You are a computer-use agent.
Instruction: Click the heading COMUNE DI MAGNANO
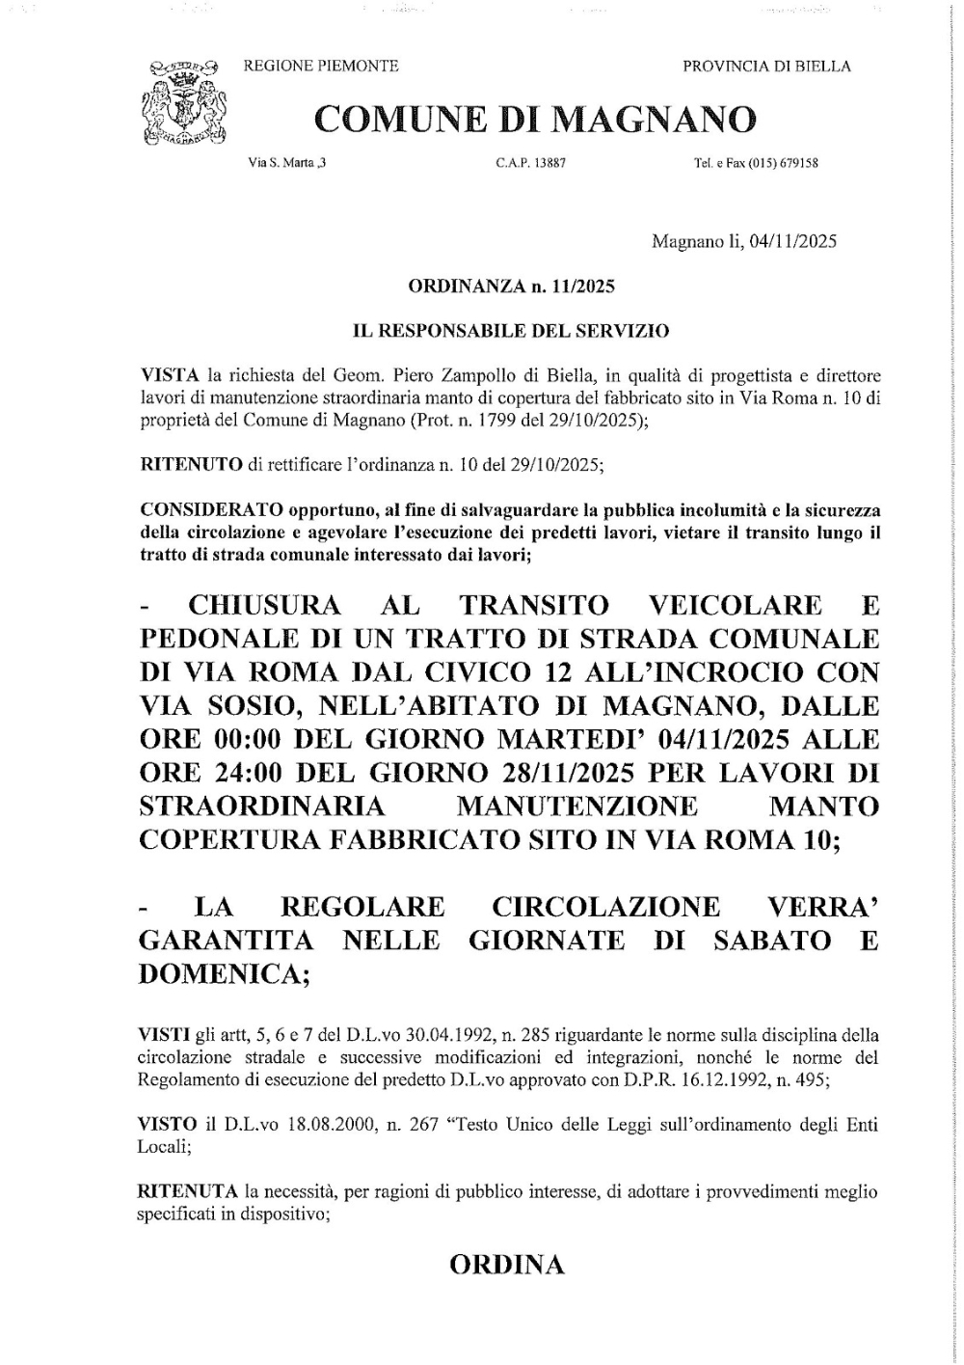[535, 119]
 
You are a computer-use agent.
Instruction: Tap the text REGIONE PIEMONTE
[321, 66]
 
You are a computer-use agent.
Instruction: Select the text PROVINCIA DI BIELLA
[766, 66]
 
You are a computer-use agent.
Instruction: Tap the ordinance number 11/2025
[581, 287]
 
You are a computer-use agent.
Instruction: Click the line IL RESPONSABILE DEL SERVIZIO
[511, 331]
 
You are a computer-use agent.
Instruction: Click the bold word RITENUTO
[191, 464]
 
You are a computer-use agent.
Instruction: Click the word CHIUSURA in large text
[264, 605]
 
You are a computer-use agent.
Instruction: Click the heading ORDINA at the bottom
[507, 1265]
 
